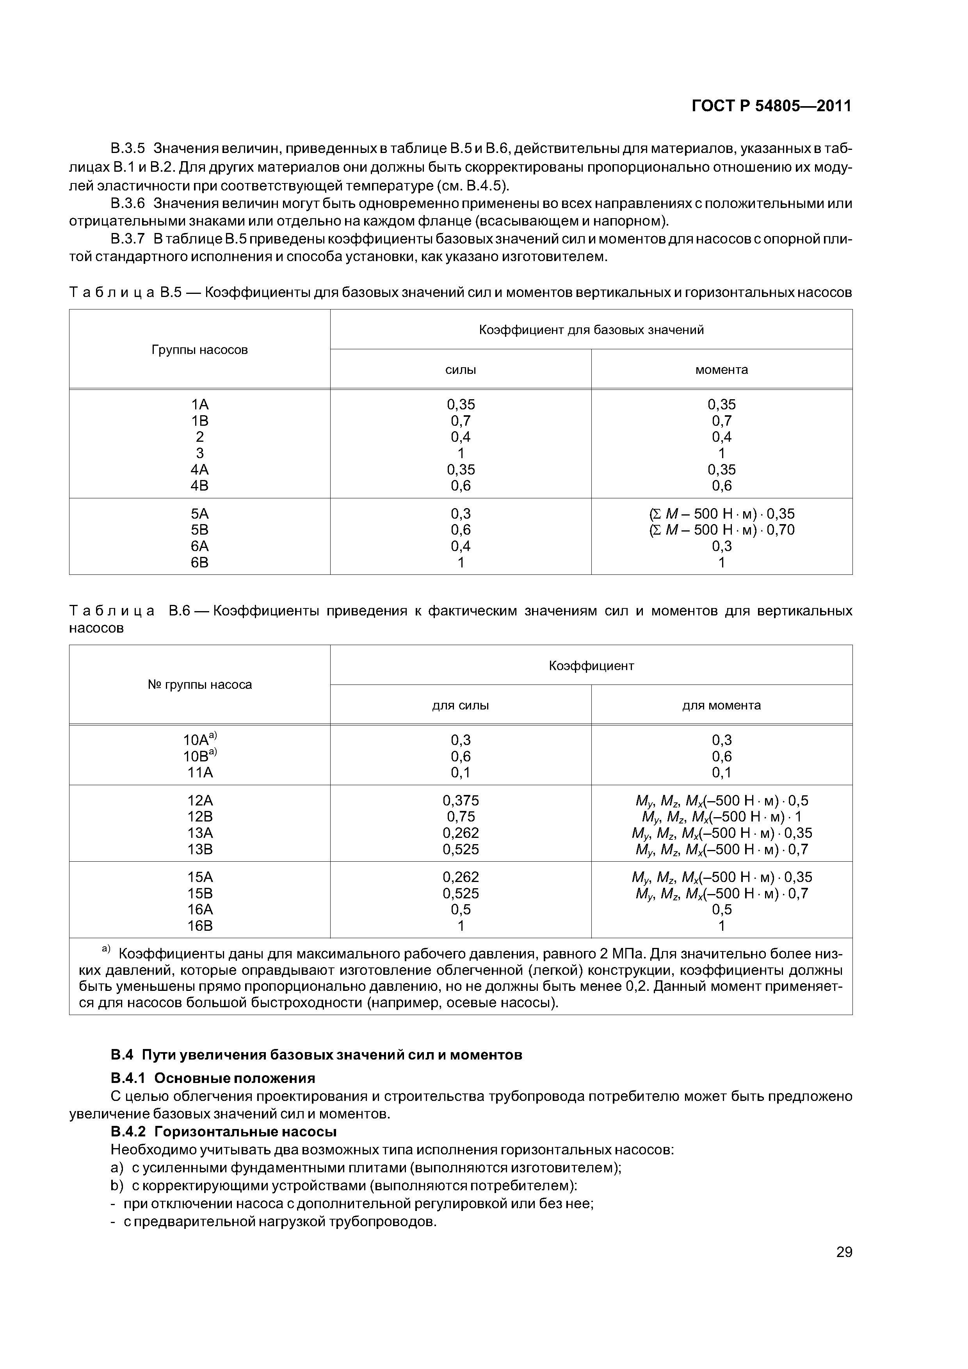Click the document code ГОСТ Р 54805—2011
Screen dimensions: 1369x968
click(771, 106)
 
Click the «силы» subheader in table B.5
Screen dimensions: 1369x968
click(461, 370)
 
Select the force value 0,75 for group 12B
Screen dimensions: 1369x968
click(461, 817)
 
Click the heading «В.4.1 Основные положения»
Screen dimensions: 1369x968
click(213, 1078)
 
